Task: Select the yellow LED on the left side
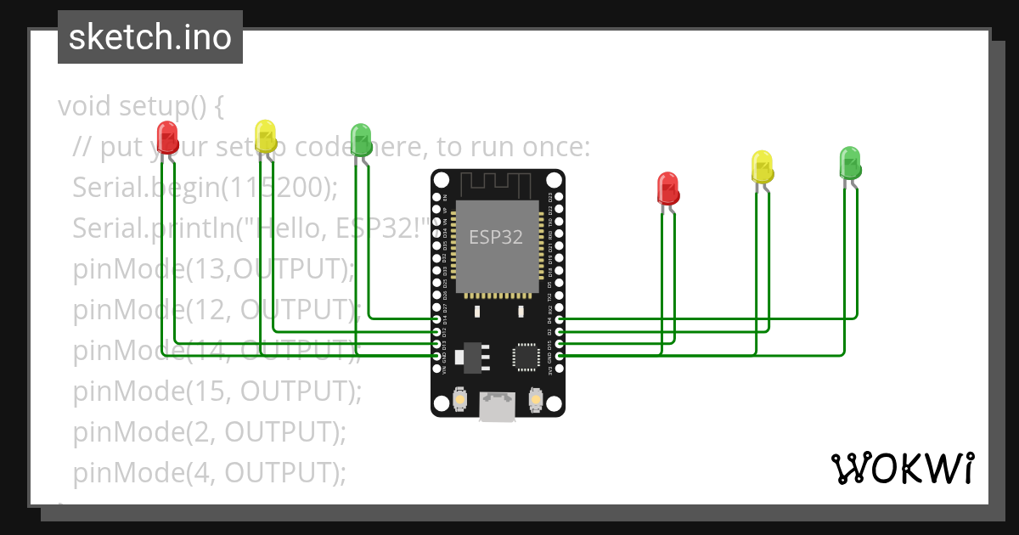[265, 136]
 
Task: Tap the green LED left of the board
[361, 139]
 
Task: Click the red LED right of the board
[668, 188]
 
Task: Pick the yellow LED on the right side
[763, 166]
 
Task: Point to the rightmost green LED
[849, 161]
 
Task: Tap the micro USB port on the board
[497, 406]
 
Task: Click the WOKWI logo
[902, 468]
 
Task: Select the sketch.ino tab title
[150, 37]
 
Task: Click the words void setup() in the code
[140, 106]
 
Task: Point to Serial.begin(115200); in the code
[205, 188]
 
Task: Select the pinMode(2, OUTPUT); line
[210, 431]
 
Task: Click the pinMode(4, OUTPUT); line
[210, 472]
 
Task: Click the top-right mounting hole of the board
[554, 180]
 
